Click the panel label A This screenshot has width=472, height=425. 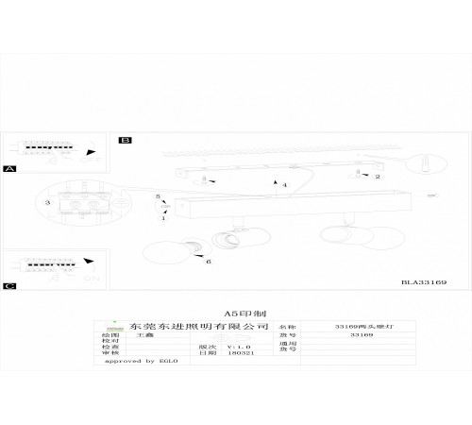point(10,169)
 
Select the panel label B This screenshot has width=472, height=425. point(125,140)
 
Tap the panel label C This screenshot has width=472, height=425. point(10,284)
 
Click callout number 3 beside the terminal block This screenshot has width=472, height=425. point(46,202)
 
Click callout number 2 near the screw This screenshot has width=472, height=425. point(378,177)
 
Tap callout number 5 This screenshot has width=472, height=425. point(158,196)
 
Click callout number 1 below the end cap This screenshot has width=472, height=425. point(162,218)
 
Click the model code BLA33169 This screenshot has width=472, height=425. point(424,281)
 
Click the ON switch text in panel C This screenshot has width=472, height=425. point(92,279)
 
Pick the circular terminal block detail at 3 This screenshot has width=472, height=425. point(80,203)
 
